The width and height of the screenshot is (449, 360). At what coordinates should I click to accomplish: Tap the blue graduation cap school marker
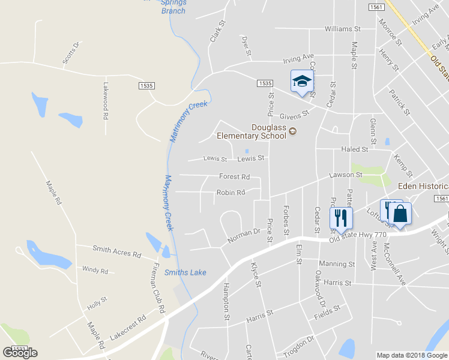tap(302, 82)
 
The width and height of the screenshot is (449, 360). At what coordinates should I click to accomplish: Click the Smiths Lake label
tap(185, 272)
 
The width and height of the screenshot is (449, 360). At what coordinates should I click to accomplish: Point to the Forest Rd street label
tap(235, 177)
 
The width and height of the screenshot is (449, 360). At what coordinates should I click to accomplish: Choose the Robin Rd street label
tap(231, 193)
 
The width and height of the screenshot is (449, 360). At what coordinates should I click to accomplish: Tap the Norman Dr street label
tap(243, 235)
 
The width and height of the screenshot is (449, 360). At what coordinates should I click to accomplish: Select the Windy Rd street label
tap(95, 271)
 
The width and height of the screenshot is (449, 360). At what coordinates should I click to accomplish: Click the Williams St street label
tap(342, 28)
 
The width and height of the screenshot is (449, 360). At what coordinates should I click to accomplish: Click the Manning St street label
tap(337, 264)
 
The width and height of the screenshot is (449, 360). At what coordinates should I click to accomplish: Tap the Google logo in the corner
tap(20, 352)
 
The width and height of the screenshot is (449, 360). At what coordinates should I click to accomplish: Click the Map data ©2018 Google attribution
tap(411, 355)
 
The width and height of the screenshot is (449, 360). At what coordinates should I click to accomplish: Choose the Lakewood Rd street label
tap(106, 100)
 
